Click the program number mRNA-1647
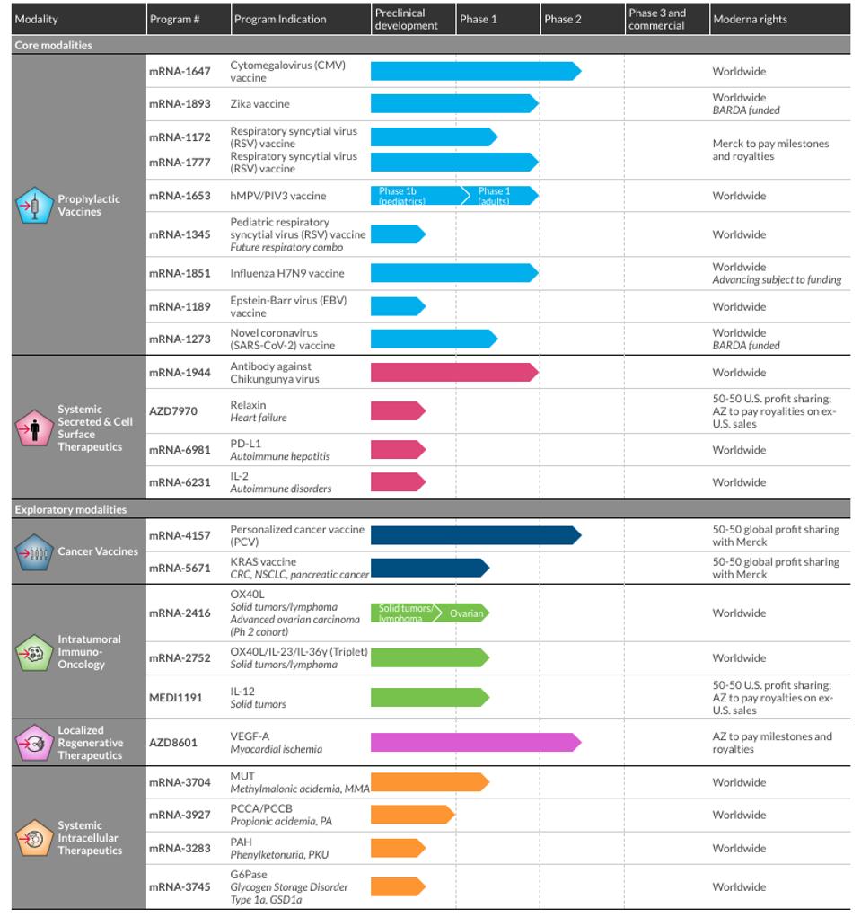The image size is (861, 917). tap(180, 71)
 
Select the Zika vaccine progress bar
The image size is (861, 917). tap(453, 104)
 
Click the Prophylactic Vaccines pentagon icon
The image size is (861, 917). tap(34, 206)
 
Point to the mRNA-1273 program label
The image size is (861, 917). tap(180, 339)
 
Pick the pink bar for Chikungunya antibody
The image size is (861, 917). tap(453, 372)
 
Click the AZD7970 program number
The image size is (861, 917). tap(173, 411)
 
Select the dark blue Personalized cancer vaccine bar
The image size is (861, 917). tap(475, 535)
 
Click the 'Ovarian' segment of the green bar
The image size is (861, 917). tap(467, 613)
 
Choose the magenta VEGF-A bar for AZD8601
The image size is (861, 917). tap(475, 743)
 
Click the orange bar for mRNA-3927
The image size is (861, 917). tap(412, 815)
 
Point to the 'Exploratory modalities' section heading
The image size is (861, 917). tap(71, 509)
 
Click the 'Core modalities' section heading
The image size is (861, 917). tap(53, 45)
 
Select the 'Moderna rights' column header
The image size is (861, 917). tap(750, 19)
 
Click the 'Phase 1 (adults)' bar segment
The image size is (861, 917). tap(497, 195)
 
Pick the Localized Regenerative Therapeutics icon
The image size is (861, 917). tap(34, 743)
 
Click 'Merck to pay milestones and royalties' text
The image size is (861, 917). tap(770, 150)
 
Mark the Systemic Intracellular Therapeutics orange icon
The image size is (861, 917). tap(34, 839)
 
